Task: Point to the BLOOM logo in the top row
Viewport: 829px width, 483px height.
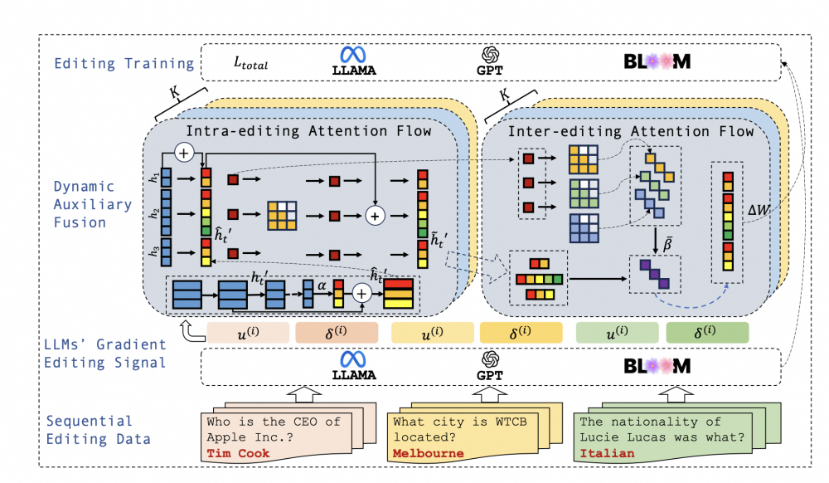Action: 657,61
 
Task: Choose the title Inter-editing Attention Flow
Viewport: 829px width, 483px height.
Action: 630,131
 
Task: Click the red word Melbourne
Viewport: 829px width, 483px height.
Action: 429,453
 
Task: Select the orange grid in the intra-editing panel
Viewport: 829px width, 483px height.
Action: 282,214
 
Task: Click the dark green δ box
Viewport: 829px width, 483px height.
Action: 707,333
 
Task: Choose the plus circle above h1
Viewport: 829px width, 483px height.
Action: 184,152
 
